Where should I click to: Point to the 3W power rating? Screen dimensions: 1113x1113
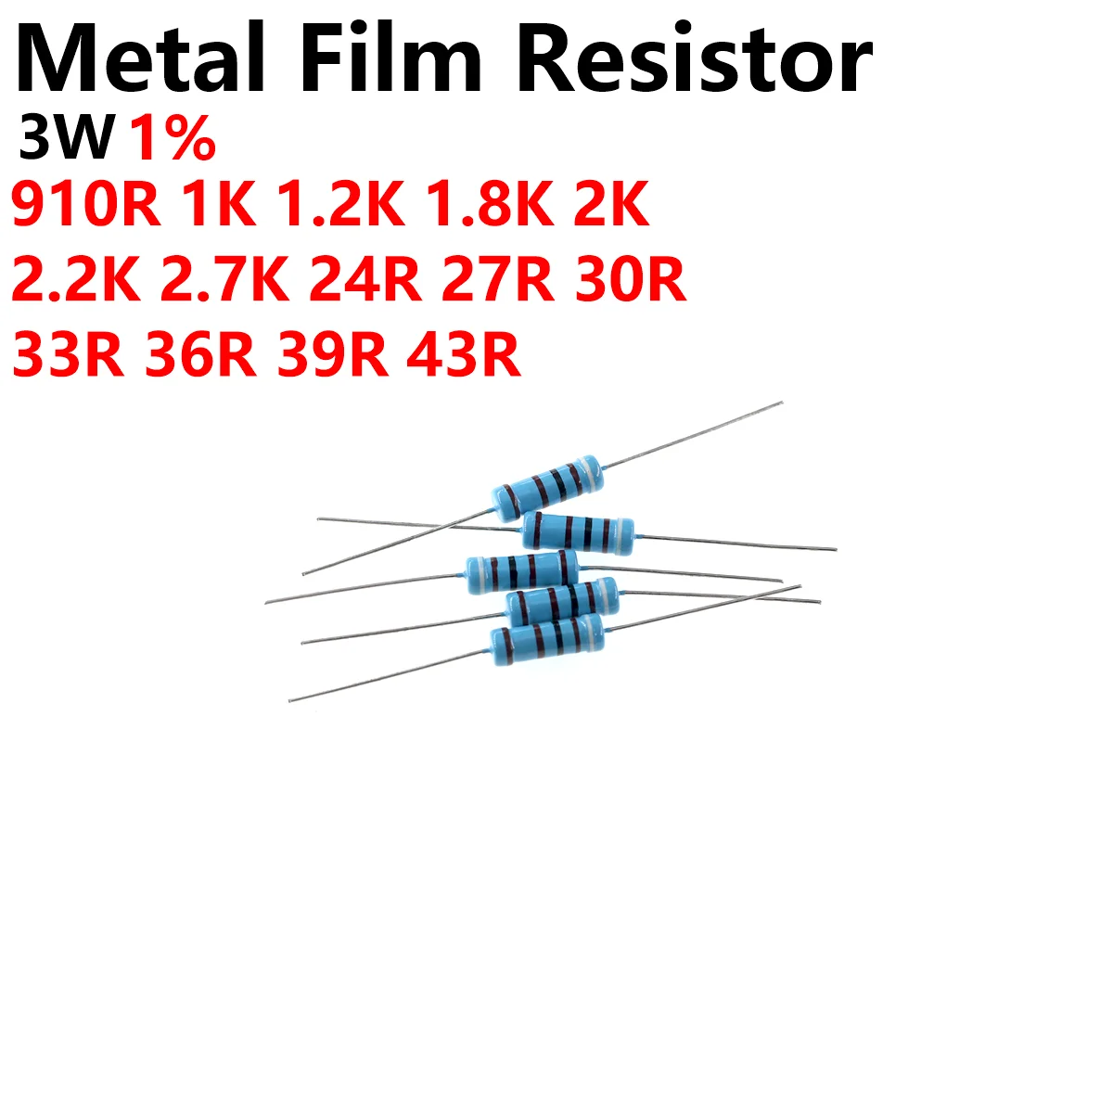click(65, 140)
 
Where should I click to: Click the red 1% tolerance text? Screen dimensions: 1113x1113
click(172, 140)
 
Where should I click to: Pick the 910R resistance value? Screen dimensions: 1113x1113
click(85, 206)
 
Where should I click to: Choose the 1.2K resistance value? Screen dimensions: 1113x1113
click(339, 206)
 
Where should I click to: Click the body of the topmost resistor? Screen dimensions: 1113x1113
click(547, 486)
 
